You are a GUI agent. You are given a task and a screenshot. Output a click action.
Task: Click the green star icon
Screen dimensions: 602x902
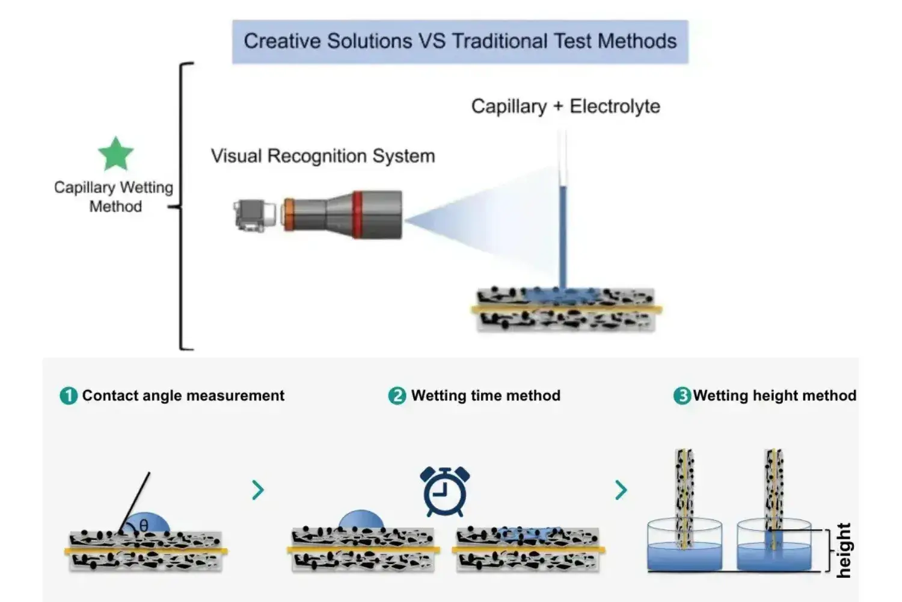115,154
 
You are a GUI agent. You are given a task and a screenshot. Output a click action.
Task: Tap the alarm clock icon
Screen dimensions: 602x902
445,491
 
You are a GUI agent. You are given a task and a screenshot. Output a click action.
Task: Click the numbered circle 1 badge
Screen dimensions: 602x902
69,396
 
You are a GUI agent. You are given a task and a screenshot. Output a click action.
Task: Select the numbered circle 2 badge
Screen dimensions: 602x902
397,396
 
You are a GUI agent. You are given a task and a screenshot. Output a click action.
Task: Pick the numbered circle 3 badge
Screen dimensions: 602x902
682,396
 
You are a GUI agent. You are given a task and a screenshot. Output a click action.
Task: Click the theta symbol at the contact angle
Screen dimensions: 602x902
144,526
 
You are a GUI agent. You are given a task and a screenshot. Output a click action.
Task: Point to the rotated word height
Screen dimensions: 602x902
844,550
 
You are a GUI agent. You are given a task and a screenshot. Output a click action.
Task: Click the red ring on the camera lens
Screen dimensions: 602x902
358,215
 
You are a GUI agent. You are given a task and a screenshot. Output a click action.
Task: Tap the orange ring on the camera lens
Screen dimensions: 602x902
289,215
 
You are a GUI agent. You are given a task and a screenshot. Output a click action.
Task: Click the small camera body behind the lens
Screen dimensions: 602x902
252,216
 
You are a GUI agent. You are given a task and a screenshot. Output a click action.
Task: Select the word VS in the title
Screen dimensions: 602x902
432,41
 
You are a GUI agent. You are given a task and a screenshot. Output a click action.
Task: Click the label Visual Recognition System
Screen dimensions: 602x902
323,156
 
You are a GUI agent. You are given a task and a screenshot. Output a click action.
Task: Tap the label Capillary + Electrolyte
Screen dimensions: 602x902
565,107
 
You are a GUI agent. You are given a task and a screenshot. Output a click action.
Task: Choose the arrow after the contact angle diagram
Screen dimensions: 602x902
258,490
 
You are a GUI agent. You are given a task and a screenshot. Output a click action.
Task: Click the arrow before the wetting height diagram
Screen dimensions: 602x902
621,490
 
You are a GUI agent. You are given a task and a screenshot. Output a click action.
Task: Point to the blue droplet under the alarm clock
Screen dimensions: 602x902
361,520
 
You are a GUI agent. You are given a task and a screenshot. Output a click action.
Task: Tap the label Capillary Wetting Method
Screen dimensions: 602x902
114,197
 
